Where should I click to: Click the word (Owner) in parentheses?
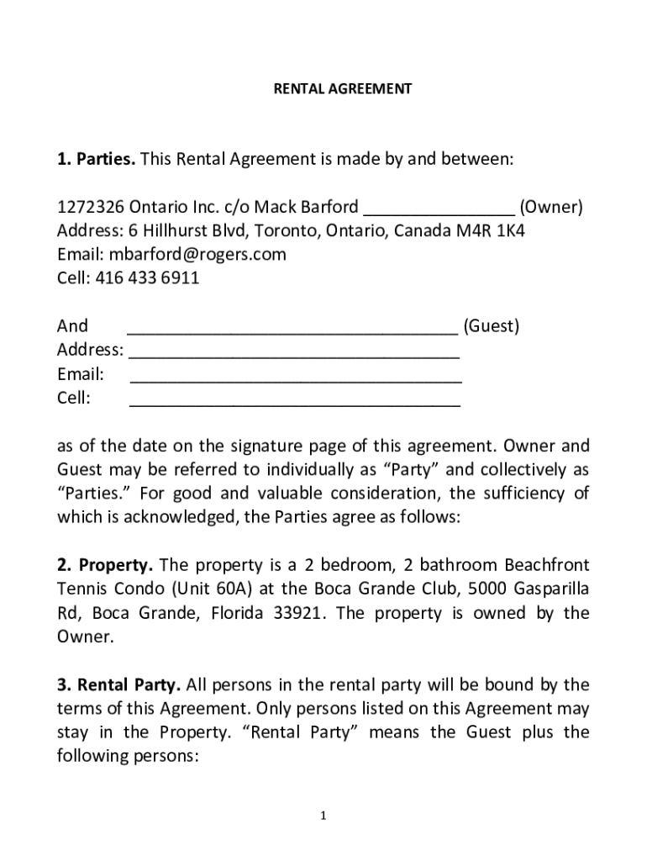550,207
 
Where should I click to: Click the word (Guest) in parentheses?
491,325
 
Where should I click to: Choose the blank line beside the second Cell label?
294,398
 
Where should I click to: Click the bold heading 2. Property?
105,564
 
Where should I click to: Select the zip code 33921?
300,612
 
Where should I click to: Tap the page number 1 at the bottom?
323,816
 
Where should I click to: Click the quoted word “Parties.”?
87,493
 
